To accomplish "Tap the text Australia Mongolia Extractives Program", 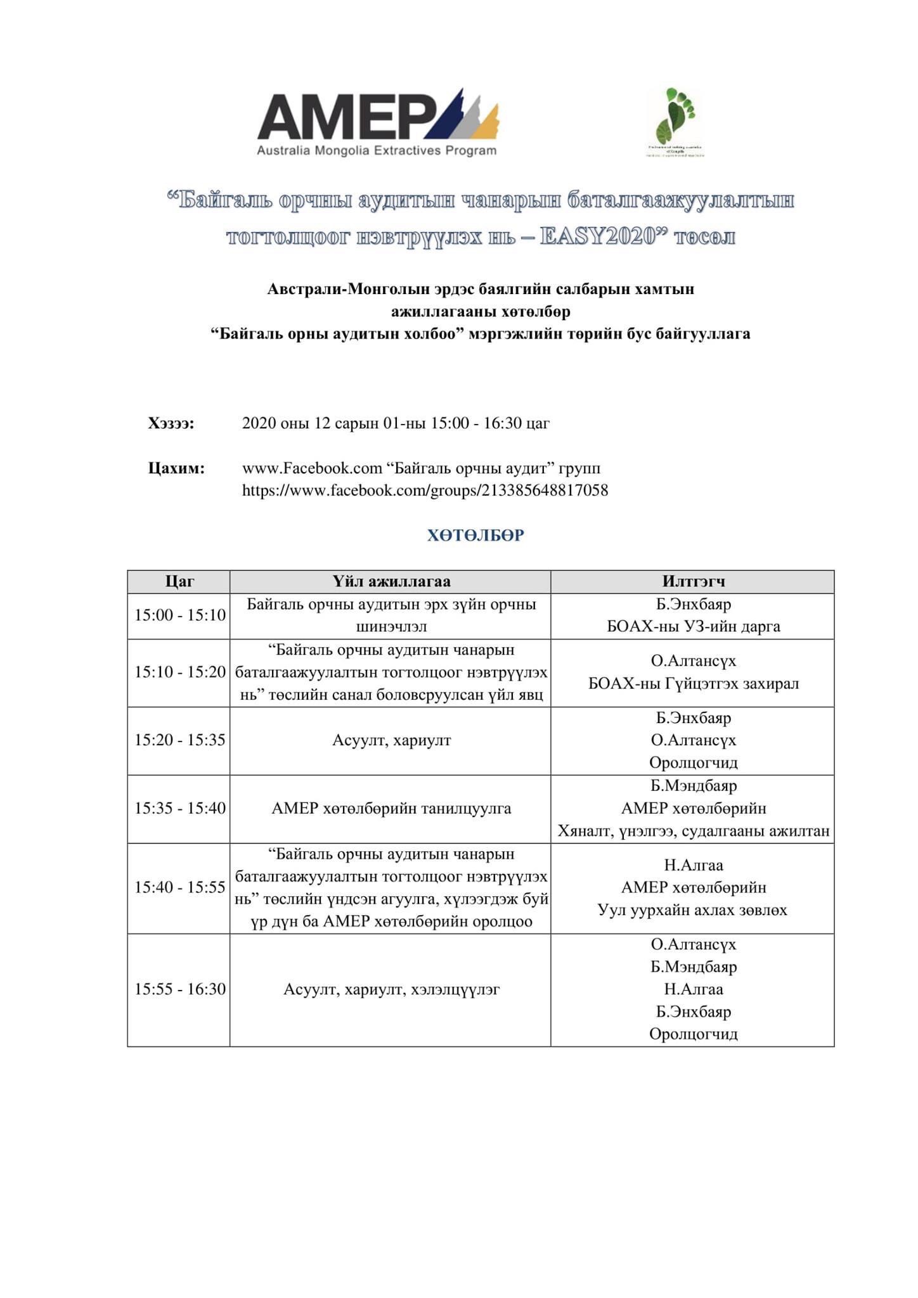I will pos(377,151).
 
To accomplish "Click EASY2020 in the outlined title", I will pos(597,237).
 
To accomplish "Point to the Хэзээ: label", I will pos(171,423).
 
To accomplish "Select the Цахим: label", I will pos(176,468).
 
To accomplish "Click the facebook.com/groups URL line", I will pos(425,491).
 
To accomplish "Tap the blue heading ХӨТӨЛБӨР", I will pos(475,536).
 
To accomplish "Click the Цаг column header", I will pos(179,581).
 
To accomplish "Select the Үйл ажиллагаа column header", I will pos(391,581).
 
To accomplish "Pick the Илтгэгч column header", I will pos(693,581).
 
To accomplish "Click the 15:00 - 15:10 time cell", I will pos(179,615).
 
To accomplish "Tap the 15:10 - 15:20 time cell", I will pos(179,672).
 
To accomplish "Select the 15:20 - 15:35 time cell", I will pos(179,740).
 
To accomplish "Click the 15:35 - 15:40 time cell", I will pos(179,809).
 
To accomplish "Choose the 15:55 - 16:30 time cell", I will pos(179,989).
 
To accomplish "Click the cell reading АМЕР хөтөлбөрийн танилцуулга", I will pos(391,809).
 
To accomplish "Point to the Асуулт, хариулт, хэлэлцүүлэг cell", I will pos(391,989).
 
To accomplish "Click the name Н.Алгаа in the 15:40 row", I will pos(693,865).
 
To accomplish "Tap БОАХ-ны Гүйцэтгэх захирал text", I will pos(693,684).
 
